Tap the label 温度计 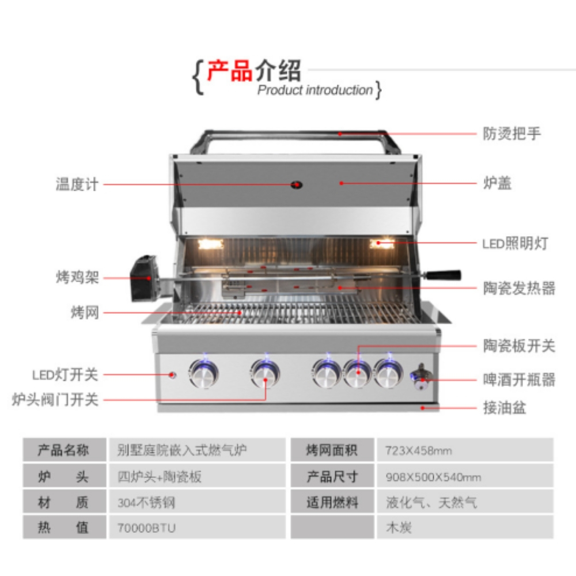point(77,184)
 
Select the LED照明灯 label point(514,243)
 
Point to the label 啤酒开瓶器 point(519,380)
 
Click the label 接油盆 point(505,409)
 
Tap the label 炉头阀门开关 point(55,399)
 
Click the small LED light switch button point(172,375)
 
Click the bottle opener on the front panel point(421,374)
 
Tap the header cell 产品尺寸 point(332,476)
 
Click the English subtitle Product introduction point(315,90)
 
